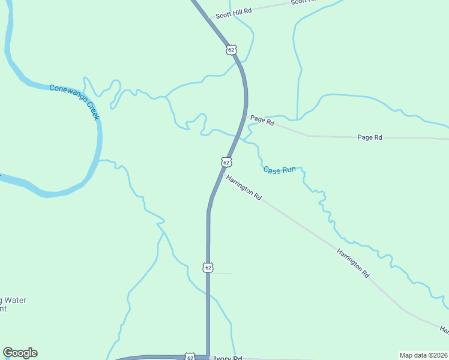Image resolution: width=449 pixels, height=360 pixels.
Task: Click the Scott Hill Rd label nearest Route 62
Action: pyautogui.click(x=234, y=10)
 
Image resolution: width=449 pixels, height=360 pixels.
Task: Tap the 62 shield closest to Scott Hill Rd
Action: pyautogui.click(x=232, y=49)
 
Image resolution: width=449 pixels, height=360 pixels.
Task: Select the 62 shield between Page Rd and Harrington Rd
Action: pyautogui.click(x=226, y=162)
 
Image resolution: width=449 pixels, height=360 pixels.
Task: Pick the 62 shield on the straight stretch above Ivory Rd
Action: pyautogui.click(x=208, y=267)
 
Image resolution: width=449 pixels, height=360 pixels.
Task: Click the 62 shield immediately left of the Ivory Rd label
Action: pyautogui.click(x=190, y=357)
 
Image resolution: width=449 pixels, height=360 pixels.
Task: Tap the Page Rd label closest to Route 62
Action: pyautogui.click(x=262, y=121)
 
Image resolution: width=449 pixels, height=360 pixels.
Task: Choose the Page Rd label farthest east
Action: pyautogui.click(x=370, y=137)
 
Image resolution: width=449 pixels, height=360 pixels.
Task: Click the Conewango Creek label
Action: pyautogui.click(x=74, y=101)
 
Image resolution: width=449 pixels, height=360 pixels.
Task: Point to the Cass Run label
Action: pyautogui.click(x=280, y=170)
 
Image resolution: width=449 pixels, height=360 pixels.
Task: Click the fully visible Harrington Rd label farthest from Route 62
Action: pyautogui.click(x=353, y=263)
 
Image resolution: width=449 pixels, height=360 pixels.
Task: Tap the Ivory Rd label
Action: pyautogui.click(x=228, y=358)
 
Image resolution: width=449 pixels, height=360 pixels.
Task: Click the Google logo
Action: pyautogui.click(x=20, y=353)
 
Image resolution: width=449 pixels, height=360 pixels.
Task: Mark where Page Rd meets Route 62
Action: pyautogui.click(x=246, y=116)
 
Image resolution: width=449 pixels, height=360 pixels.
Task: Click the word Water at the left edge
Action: pyautogui.click(x=14, y=300)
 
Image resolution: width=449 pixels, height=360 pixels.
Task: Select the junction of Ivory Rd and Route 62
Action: pyautogui.click(x=208, y=357)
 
